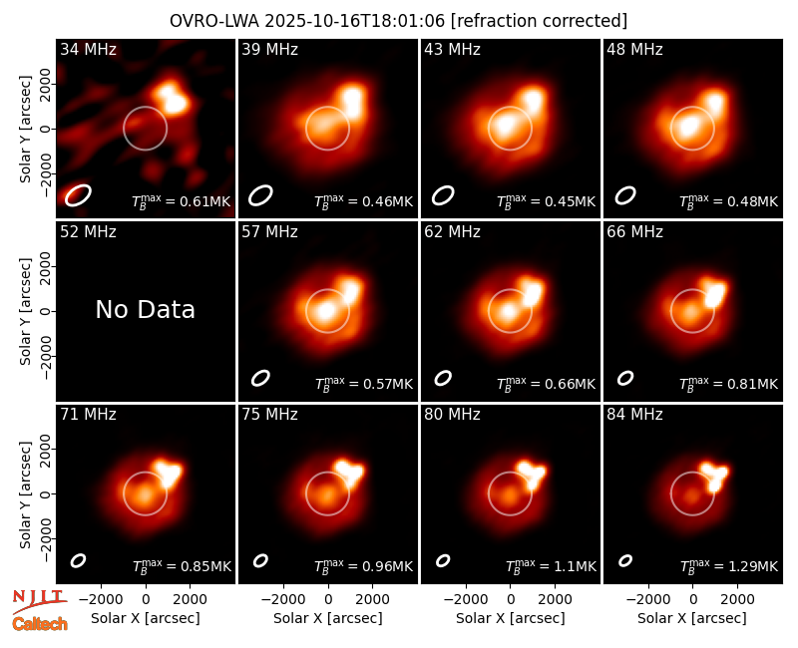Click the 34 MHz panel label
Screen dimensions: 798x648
click(x=88, y=49)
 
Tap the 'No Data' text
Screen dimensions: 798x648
click(x=145, y=309)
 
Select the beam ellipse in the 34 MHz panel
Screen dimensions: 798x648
click(x=78, y=195)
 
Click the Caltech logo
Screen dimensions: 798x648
click(x=40, y=624)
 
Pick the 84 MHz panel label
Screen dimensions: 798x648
click(x=634, y=415)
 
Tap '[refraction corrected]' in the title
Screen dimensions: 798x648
click(x=539, y=21)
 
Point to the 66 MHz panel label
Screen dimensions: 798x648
click(x=634, y=232)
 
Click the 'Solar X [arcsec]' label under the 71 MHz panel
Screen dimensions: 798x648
click(x=145, y=618)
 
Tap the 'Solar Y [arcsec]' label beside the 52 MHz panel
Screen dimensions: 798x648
click(x=25, y=311)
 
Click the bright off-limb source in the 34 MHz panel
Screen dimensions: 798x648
click(x=172, y=97)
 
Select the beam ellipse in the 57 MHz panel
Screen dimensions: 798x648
click(x=260, y=378)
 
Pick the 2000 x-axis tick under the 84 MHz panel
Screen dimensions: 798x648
click(x=737, y=599)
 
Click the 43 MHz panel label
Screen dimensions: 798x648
click(x=453, y=49)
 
